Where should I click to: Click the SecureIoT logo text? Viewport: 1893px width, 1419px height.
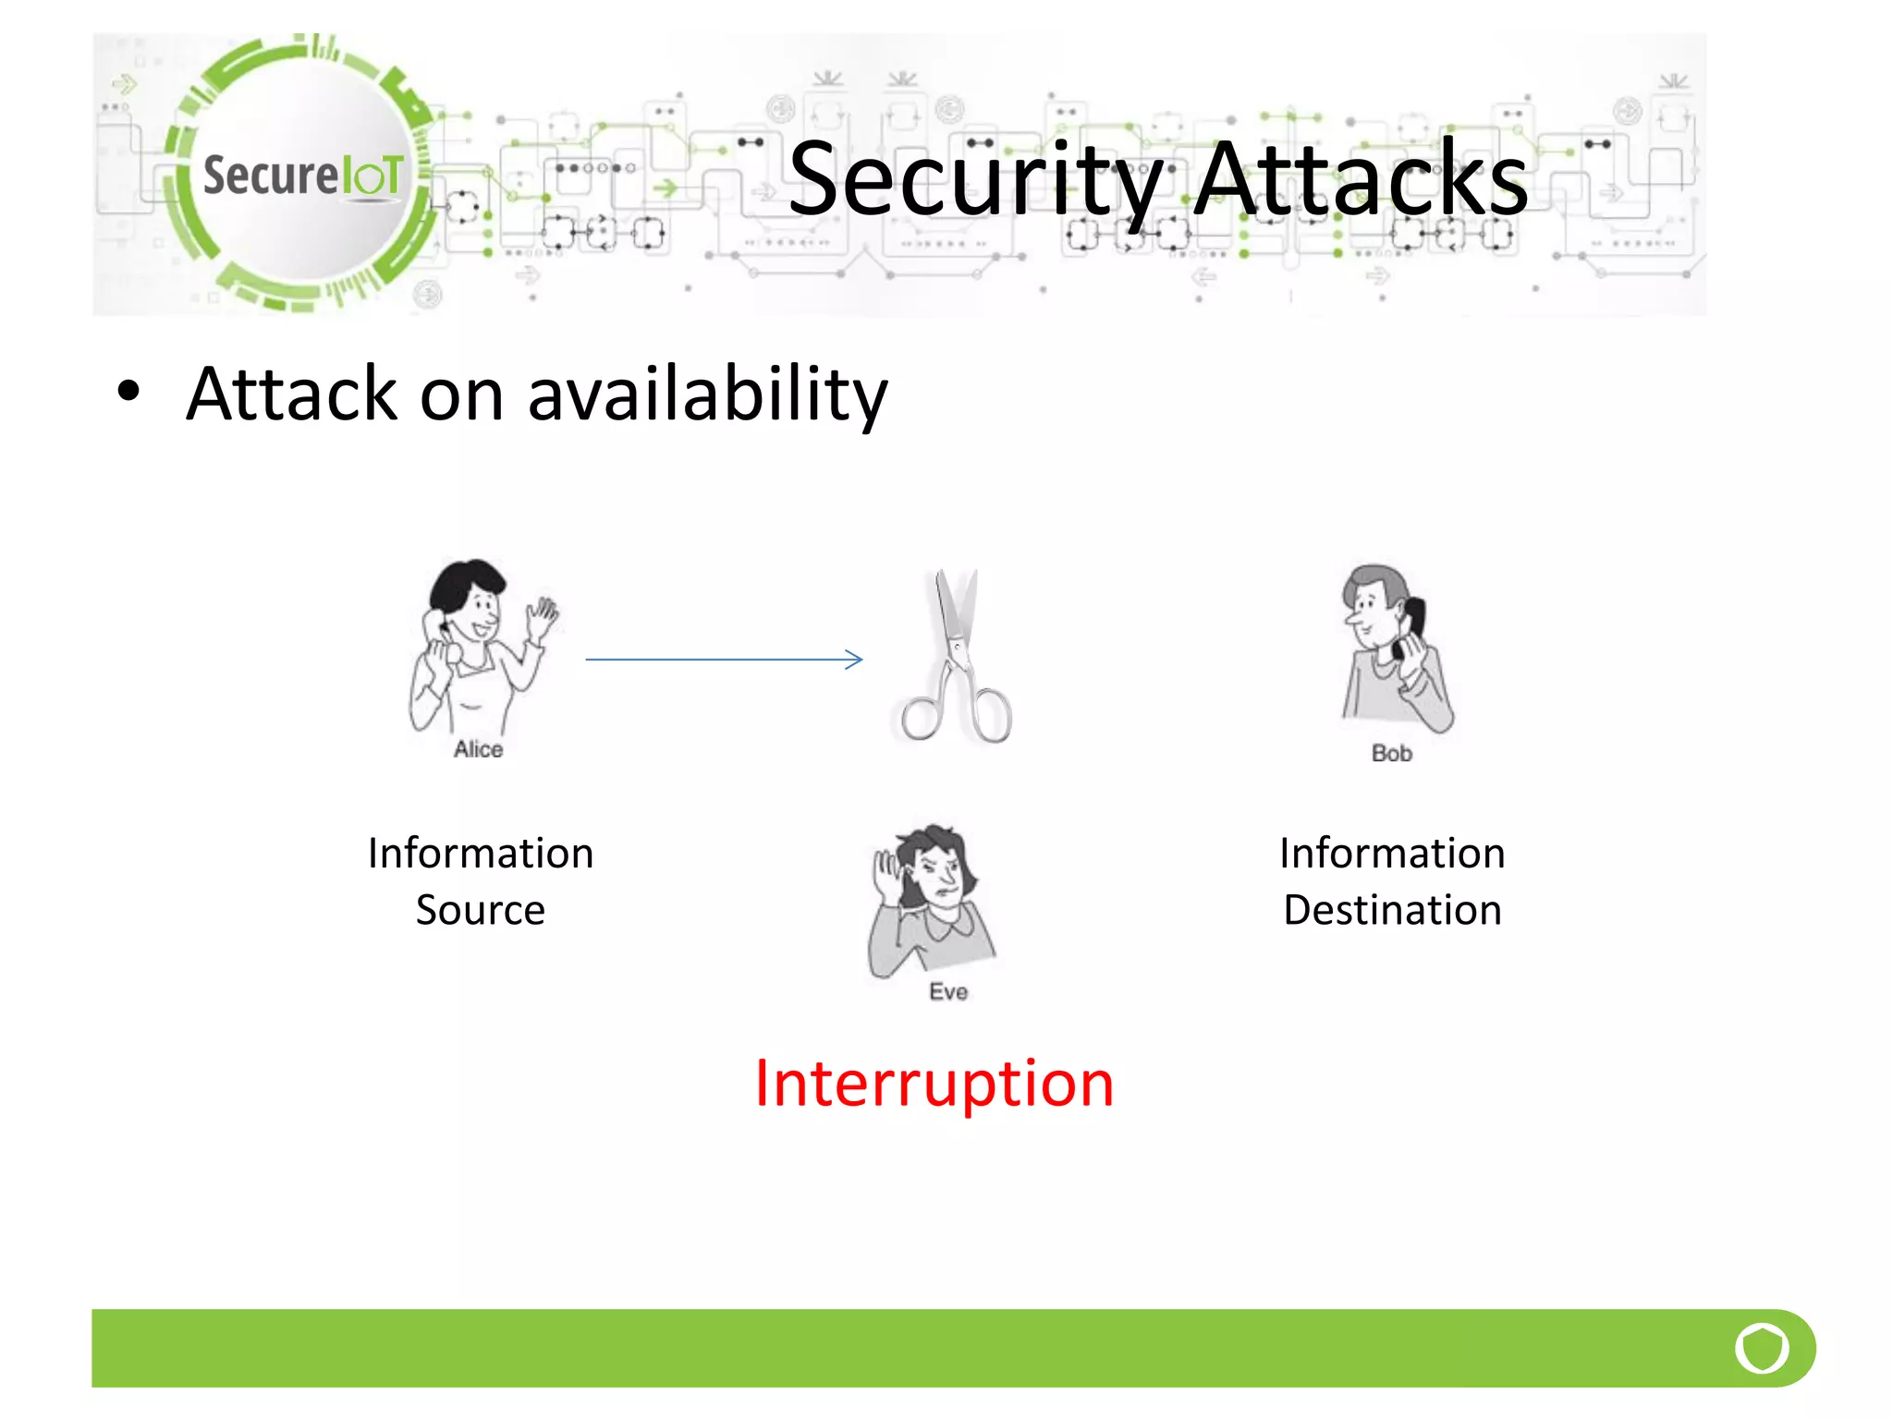pos(303,176)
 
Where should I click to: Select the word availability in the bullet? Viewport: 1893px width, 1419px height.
pos(707,394)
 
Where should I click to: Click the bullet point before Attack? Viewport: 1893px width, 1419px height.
pos(128,392)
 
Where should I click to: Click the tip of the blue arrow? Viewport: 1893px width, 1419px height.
pos(860,660)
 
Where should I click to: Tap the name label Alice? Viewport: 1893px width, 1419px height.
pos(478,749)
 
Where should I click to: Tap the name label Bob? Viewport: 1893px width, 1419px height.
pos(1391,754)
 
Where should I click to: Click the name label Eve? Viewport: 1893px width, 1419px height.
pos(948,992)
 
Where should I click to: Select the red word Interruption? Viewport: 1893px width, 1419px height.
pos(934,1084)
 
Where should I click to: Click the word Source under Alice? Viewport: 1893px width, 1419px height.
pos(480,911)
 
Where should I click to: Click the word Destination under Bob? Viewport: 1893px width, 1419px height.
pos(1392,911)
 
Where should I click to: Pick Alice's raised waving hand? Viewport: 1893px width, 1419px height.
pos(543,616)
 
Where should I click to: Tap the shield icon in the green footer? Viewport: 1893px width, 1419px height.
pos(1762,1348)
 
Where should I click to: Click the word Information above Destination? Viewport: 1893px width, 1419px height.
pos(1392,854)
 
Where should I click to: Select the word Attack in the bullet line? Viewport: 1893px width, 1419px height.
pos(292,394)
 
